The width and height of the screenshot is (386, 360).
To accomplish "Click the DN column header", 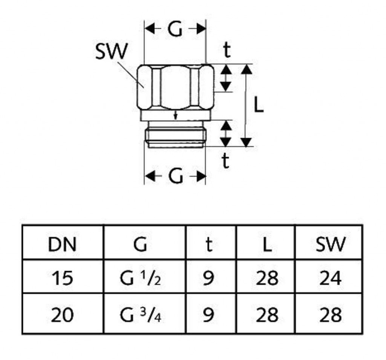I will click(62, 245).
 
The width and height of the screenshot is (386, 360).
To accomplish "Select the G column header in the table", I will click(140, 245).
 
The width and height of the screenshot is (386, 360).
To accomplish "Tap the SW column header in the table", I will click(330, 245).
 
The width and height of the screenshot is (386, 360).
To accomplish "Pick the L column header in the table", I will click(267, 245).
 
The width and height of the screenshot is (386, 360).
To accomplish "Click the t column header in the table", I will click(208, 245).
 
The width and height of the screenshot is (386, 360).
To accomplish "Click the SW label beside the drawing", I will click(111, 52).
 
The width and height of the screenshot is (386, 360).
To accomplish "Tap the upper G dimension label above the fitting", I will click(175, 30).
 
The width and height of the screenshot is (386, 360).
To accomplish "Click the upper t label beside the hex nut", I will click(226, 51).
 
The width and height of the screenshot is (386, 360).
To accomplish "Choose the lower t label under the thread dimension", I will click(225, 161).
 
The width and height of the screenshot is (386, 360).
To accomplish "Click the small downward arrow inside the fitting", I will click(175, 115).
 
